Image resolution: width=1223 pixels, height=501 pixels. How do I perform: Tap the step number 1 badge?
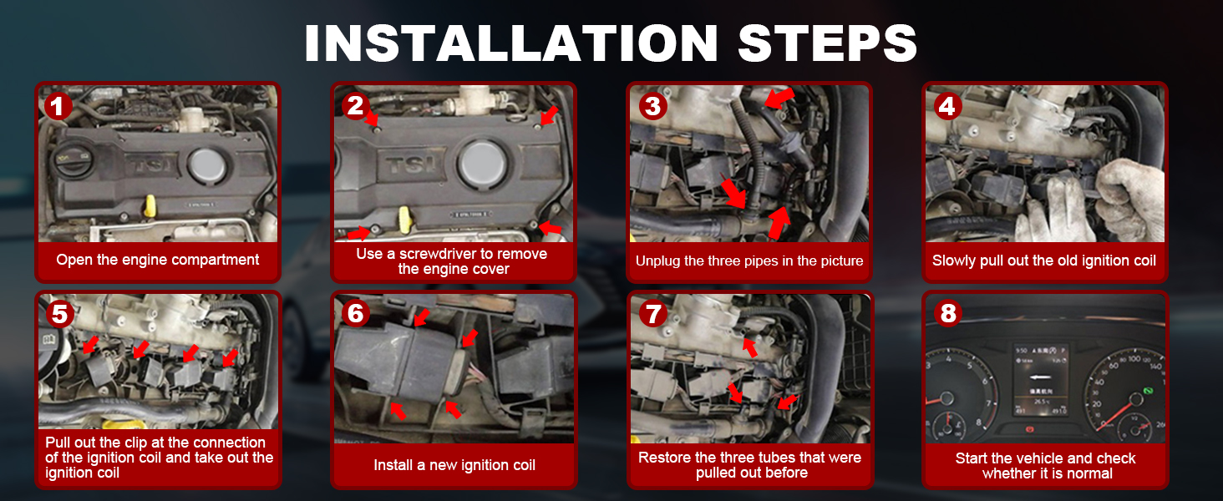(x=58, y=106)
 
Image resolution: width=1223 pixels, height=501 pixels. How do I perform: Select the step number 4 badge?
(x=946, y=106)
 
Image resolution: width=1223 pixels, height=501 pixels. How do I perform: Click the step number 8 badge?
(x=947, y=313)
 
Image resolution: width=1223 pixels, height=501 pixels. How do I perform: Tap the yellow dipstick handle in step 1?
(x=150, y=205)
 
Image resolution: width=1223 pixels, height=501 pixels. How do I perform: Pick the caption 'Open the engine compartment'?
(x=158, y=260)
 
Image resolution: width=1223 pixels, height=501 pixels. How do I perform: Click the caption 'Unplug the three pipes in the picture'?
(x=749, y=261)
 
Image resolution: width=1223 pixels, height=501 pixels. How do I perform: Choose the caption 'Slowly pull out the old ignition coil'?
(x=1044, y=261)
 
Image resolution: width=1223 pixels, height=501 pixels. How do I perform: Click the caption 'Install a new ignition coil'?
(x=454, y=465)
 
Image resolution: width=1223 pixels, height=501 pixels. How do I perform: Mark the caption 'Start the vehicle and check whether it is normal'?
(x=1045, y=466)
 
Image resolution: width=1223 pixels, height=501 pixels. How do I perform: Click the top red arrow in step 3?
(x=779, y=99)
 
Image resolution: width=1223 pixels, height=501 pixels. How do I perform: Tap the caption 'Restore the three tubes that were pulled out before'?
(x=749, y=465)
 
